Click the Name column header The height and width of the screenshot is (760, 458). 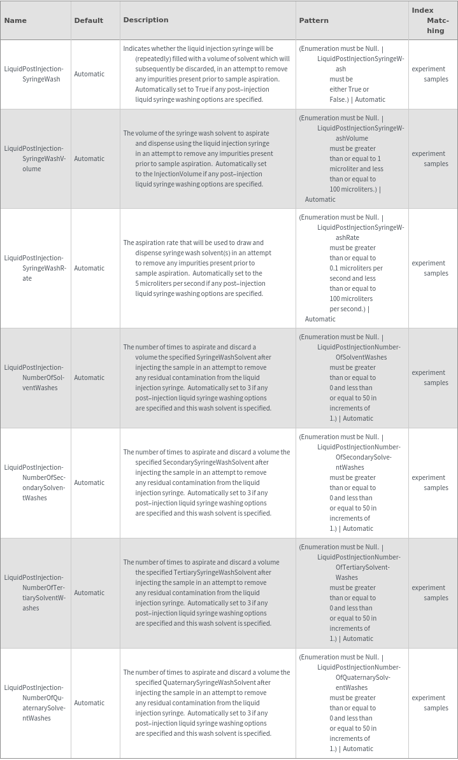pos(15,20)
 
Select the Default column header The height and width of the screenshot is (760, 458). pos(89,20)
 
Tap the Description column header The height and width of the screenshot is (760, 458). pos(146,20)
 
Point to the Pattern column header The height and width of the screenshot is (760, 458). pos(313,20)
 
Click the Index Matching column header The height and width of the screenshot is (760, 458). pos(431,20)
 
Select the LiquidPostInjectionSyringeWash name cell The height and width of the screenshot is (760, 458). pos(34,74)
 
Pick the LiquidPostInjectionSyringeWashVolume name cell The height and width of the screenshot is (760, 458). pos(34,158)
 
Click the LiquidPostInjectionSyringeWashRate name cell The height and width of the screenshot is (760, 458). pos(34,268)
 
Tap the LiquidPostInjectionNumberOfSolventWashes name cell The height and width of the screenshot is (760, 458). pos(34,377)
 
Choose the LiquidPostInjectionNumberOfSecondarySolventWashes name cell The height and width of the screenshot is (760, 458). pos(34,482)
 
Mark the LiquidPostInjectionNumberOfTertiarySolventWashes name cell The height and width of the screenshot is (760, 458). pos(34,593)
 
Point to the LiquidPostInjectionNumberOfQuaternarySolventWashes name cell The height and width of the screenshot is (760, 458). pos(34,703)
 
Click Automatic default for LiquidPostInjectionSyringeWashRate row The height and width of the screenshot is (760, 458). pos(89,268)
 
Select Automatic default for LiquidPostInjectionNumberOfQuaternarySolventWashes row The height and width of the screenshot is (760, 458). pos(89,703)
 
